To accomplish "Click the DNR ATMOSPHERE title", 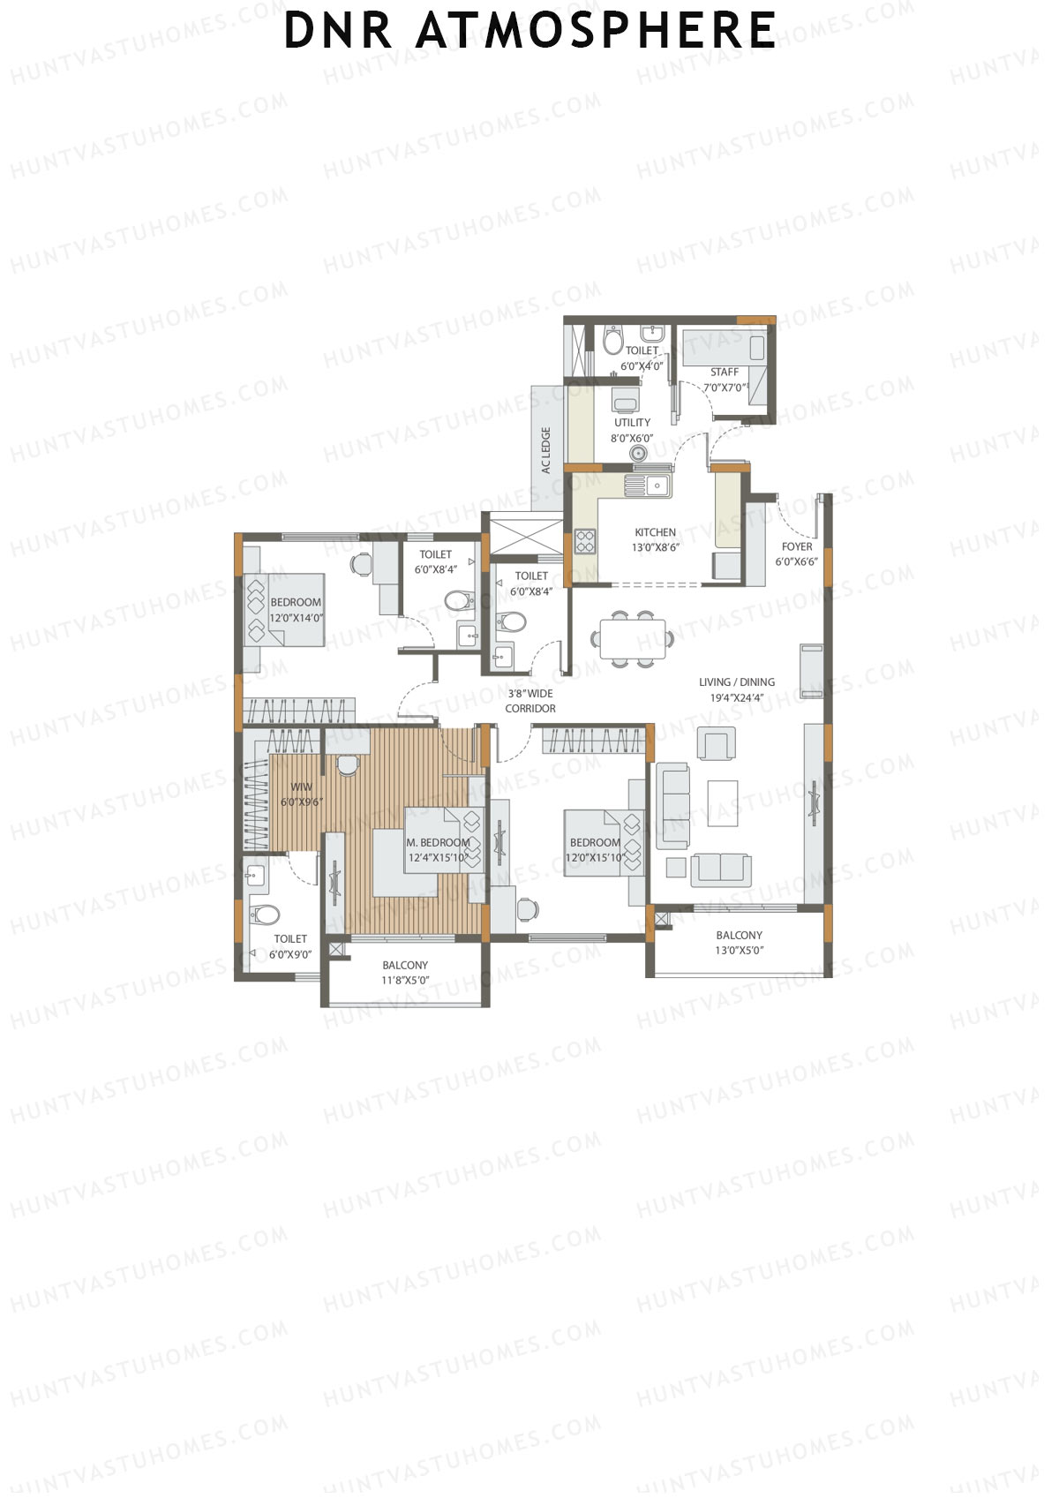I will [529, 30].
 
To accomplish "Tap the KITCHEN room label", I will [655, 532].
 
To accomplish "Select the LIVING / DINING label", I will [736, 682].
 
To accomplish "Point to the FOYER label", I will [796, 547].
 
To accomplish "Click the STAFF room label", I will [725, 373].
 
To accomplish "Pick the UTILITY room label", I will [632, 423].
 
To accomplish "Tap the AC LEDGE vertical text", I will [546, 450].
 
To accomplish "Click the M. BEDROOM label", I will [438, 843].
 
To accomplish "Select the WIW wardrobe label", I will [301, 787].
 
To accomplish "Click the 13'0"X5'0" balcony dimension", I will [739, 951].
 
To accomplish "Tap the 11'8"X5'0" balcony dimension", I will [405, 981].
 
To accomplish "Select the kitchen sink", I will [648, 485].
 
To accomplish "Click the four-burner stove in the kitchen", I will [585, 540].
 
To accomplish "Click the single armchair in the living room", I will [716, 743].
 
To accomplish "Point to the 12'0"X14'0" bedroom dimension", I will [296, 618].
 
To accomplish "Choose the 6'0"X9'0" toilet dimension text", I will [290, 954].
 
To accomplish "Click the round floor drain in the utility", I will [638, 454].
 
